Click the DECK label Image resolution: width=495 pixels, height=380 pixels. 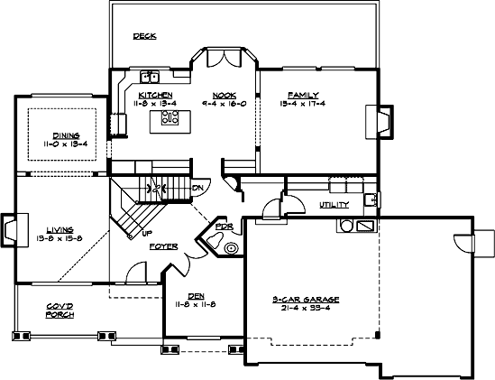(145, 37)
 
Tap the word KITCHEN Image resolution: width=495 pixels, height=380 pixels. (156, 95)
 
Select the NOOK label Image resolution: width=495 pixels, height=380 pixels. (225, 95)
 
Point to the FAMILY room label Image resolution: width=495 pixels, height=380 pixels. (302, 95)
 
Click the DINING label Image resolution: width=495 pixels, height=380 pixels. (65, 134)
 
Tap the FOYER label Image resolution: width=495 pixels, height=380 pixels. (163, 246)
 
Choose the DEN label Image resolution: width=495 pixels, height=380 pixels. (197, 295)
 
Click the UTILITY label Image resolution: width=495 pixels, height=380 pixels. (335, 205)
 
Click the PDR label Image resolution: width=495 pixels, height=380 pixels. (223, 227)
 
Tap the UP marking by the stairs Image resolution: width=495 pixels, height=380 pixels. (146, 233)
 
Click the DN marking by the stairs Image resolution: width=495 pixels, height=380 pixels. (197, 188)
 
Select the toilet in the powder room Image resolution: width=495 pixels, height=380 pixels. (232, 246)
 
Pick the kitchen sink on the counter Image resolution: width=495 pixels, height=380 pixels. (149, 76)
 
